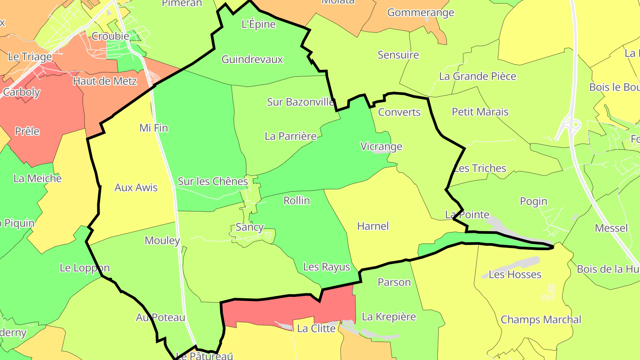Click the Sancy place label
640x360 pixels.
click(249, 227)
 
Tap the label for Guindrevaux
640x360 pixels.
click(252, 60)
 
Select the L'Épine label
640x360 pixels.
click(258, 24)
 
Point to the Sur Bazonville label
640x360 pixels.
click(300, 102)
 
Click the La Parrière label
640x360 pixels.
click(291, 136)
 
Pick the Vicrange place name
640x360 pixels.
click(381, 146)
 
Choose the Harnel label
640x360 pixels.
click(373, 226)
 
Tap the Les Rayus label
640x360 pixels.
click(326, 267)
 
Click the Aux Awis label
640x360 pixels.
click(136, 188)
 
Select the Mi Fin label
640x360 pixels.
click(153, 128)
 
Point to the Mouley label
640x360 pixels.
click(162, 241)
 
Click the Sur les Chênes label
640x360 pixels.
click(212, 181)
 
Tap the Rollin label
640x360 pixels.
click(296, 200)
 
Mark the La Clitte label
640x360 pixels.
click(316, 328)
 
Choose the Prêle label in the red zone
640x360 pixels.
click(27, 132)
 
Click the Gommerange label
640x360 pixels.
click(420, 12)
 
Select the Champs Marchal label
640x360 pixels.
click(540, 320)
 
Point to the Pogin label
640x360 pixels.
click(533, 201)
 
